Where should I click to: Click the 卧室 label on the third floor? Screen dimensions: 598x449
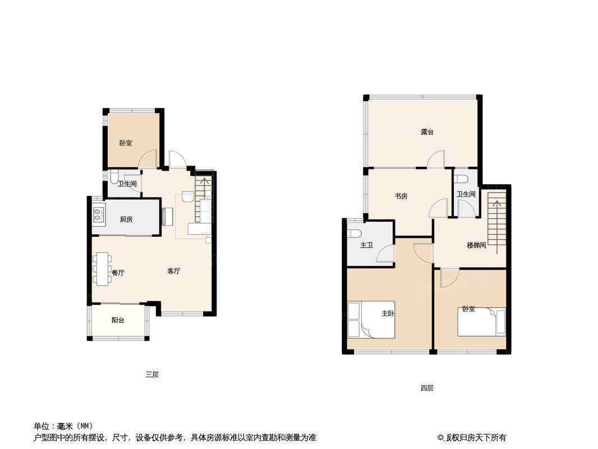point(126,143)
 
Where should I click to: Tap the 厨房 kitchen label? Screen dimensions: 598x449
point(126,219)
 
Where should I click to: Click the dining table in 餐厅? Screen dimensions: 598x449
point(102,269)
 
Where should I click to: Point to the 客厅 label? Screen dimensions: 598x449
point(174,271)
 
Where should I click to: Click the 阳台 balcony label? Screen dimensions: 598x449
point(118,320)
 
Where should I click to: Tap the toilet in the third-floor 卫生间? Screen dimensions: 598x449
point(114,178)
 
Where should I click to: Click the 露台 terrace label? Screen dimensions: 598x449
point(427,132)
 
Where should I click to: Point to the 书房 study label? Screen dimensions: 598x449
point(401,196)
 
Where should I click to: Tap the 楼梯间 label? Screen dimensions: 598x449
point(476,245)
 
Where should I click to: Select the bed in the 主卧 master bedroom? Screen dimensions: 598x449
point(371,320)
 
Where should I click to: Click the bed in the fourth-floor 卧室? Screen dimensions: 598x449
point(481,322)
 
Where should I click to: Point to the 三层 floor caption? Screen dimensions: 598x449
point(152,374)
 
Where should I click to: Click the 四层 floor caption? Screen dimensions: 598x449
point(427,388)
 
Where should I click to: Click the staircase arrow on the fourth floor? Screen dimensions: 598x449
point(496,227)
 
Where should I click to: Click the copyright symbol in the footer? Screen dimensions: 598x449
point(440,438)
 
